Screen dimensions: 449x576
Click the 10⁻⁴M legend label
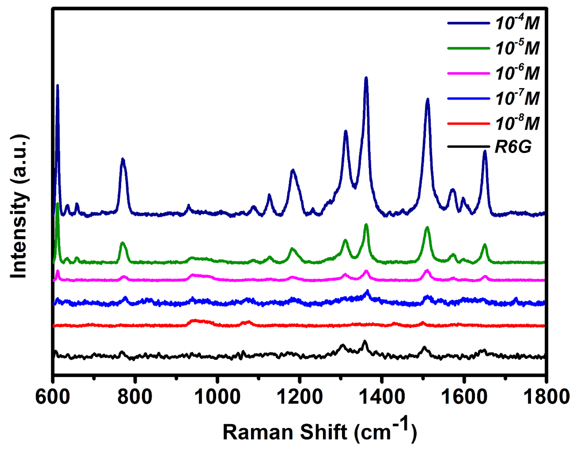[x=517, y=23]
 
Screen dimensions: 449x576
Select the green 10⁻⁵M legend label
[x=517, y=48]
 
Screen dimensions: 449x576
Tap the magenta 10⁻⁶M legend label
[x=517, y=73]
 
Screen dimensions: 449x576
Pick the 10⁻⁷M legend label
[x=517, y=98]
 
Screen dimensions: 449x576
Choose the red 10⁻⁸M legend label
[x=517, y=123]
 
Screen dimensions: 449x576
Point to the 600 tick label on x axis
[x=53, y=397]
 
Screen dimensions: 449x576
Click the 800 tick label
[x=135, y=397]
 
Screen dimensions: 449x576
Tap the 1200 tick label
[x=299, y=397]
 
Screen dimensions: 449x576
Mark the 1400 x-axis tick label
[x=382, y=397]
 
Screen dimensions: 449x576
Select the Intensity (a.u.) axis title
[x=19, y=207]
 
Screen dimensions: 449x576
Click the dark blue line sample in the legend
[x=468, y=23]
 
